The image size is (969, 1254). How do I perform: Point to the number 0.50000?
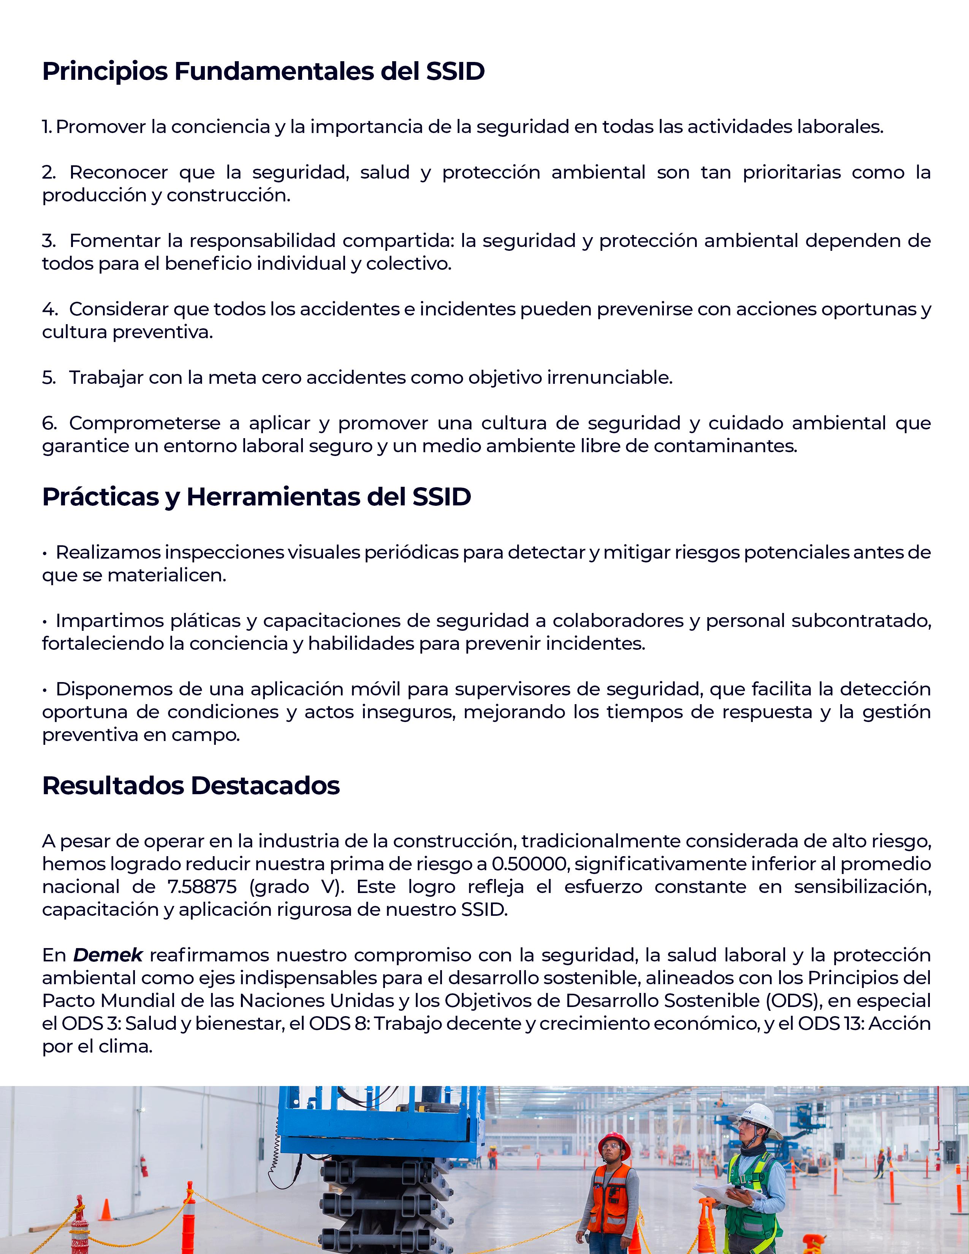click(x=529, y=864)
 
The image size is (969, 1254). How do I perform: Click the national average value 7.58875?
click(x=202, y=887)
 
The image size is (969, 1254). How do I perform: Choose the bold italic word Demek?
click(x=108, y=955)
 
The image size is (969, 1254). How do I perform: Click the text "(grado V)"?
click(x=297, y=887)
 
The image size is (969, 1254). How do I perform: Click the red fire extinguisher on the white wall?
click(x=144, y=1165)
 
